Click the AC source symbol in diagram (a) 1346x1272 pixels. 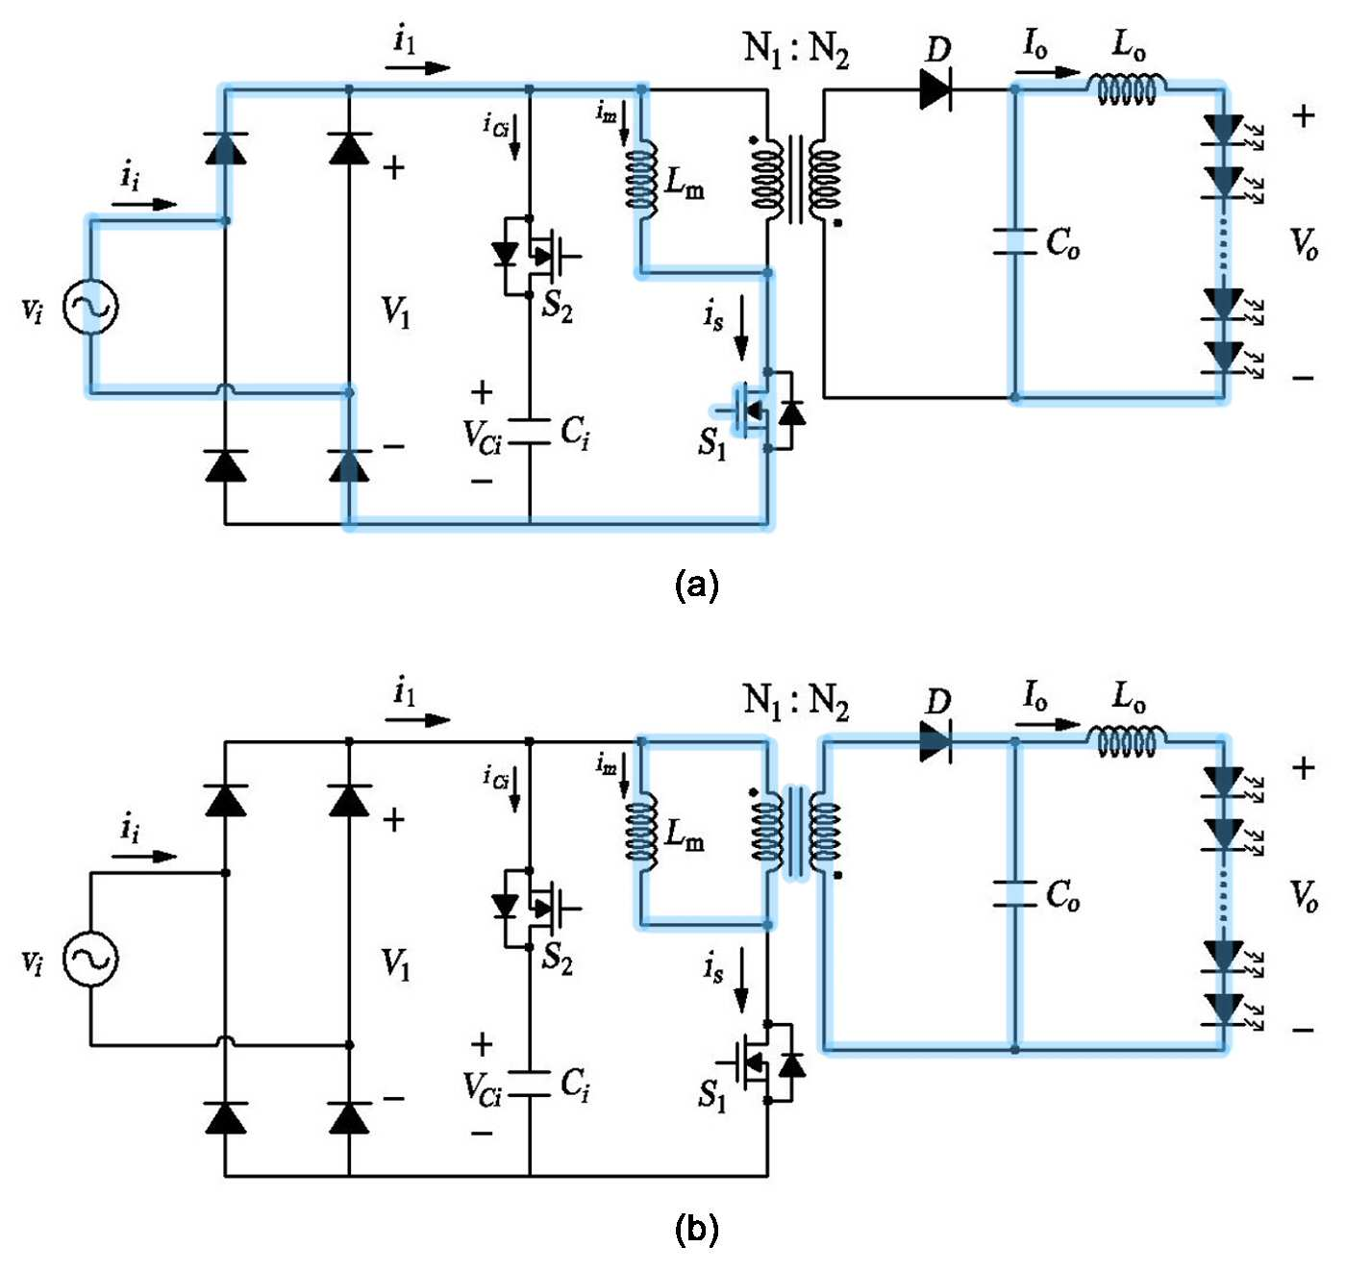coord(90,307)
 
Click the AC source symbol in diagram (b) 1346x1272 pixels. coord(90,959)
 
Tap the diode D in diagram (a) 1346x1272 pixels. coord(936,88)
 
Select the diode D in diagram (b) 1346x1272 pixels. coord(936,741)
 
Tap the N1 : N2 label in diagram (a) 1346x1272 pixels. coord(796,50)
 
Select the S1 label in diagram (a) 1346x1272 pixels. coord(711,444)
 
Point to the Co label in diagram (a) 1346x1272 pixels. coord(1062,243)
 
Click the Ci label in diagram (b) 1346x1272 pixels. coord(575,1085)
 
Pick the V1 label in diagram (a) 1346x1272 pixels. coord(396,312)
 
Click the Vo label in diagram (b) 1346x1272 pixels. coord(1304,896)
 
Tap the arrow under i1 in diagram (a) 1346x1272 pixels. coord(417,67)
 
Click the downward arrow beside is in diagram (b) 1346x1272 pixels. coord(742,980)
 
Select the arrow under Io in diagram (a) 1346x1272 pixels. coord(1047,72)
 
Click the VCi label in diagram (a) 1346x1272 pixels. coord(482,436)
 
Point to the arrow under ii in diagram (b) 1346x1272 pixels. coord(144,857)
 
